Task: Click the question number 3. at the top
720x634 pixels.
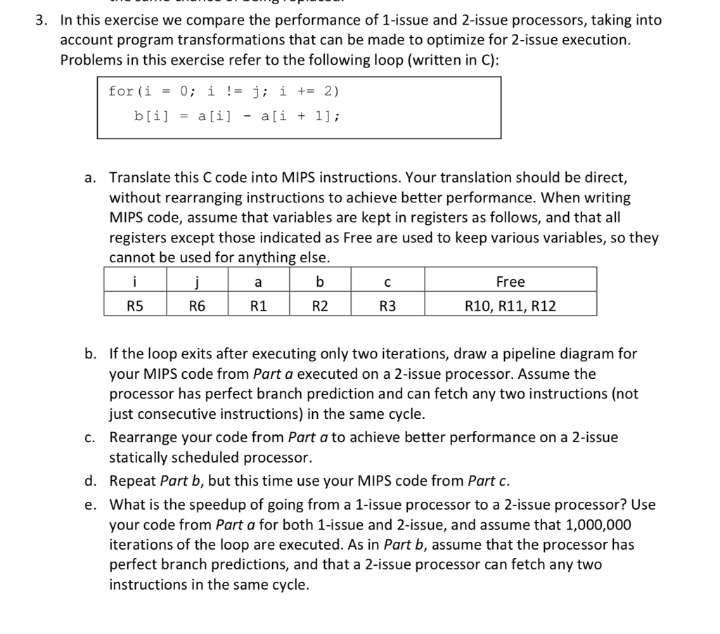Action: (x=41, y=20)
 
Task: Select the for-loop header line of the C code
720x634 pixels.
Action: (x=224, y=91)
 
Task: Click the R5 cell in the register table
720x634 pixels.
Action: (x=134, y=306)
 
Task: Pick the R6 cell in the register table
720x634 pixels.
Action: (x=196, y=306)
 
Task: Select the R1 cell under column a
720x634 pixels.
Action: (x=258, y=306)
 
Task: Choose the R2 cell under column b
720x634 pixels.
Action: (x=320, y=306)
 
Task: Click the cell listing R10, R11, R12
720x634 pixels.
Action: (x=510, y=306)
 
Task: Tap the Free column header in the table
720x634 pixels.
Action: (x=510, y=282)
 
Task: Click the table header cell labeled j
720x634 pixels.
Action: (x=196, y=282)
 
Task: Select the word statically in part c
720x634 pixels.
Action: (x=137, y=458)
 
